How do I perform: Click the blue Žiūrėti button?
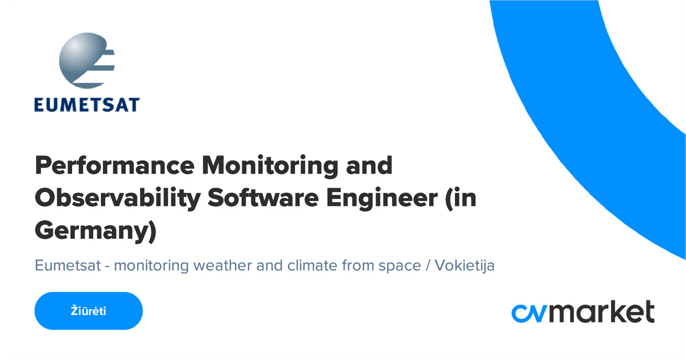(x=89, y=311)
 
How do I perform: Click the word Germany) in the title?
(x=95, y=231)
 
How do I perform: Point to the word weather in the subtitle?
(x=217, y=266)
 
